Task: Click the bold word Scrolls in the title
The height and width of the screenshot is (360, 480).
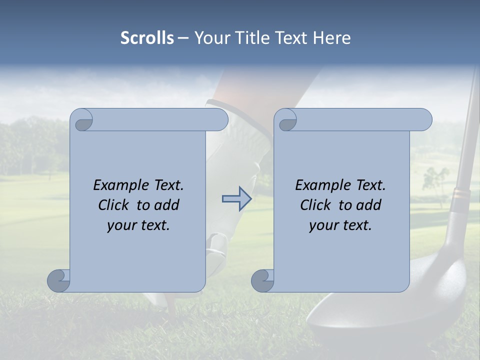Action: tap(147, 38)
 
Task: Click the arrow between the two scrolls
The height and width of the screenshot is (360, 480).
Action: tap(236, 199)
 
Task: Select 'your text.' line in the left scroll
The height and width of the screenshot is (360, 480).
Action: tap(138, 225)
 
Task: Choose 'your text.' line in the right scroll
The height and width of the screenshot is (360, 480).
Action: tap(340, 225)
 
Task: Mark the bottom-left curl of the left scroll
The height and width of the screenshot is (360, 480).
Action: tap(58, 280)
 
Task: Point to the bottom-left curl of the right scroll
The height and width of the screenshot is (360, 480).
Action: tap(262, 280)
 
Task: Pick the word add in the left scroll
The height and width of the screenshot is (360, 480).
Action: tap(167, 205)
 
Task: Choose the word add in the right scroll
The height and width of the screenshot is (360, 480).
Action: tap(369, 205)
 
